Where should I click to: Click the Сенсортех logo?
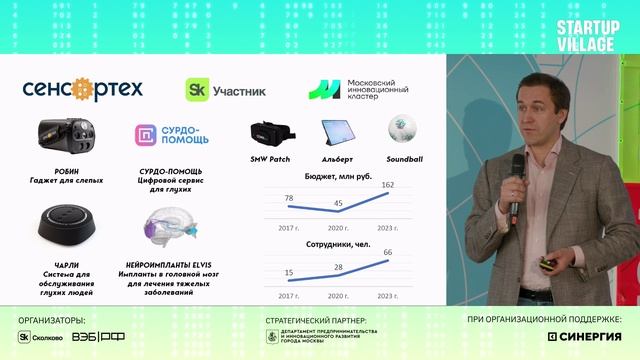coord(82,89)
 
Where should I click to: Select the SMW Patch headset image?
coord(270,134)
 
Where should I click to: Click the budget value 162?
coord(389,185)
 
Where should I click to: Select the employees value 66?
coord(389,252)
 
